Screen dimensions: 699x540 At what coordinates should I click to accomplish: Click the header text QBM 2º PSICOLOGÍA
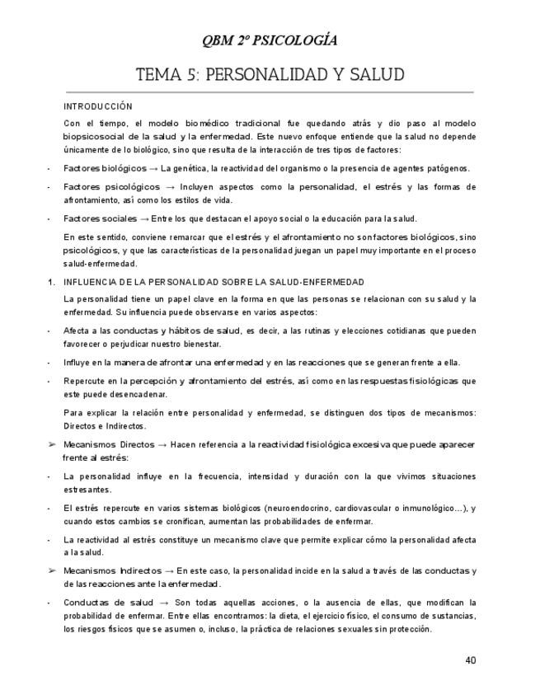[270, 40]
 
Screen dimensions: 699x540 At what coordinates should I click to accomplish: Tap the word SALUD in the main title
[376, 75]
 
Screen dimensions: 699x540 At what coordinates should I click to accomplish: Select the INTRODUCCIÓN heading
[97, 106]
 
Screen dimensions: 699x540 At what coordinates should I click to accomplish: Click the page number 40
[470, 659]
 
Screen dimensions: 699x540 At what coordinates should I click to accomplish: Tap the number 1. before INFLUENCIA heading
[50, 282]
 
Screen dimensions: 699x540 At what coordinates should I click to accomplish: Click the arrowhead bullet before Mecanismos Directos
[51, 444]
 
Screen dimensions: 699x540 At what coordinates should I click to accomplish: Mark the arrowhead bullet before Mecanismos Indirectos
[51, 570]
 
